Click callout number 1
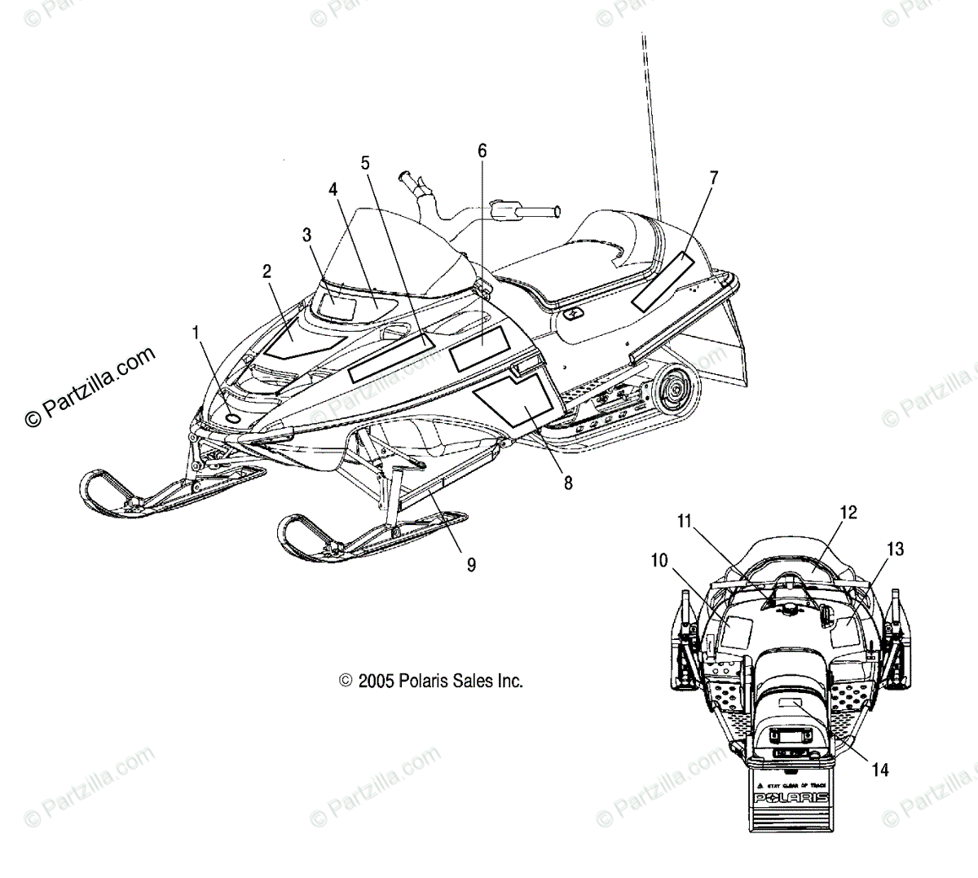pos(195,332)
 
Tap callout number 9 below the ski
pos(471,563)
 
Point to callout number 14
pos(879,769)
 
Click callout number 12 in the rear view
pos(848,512)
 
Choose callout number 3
pos(306,236)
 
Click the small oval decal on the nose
pos(233,417)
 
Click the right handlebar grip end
pos(556,212)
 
